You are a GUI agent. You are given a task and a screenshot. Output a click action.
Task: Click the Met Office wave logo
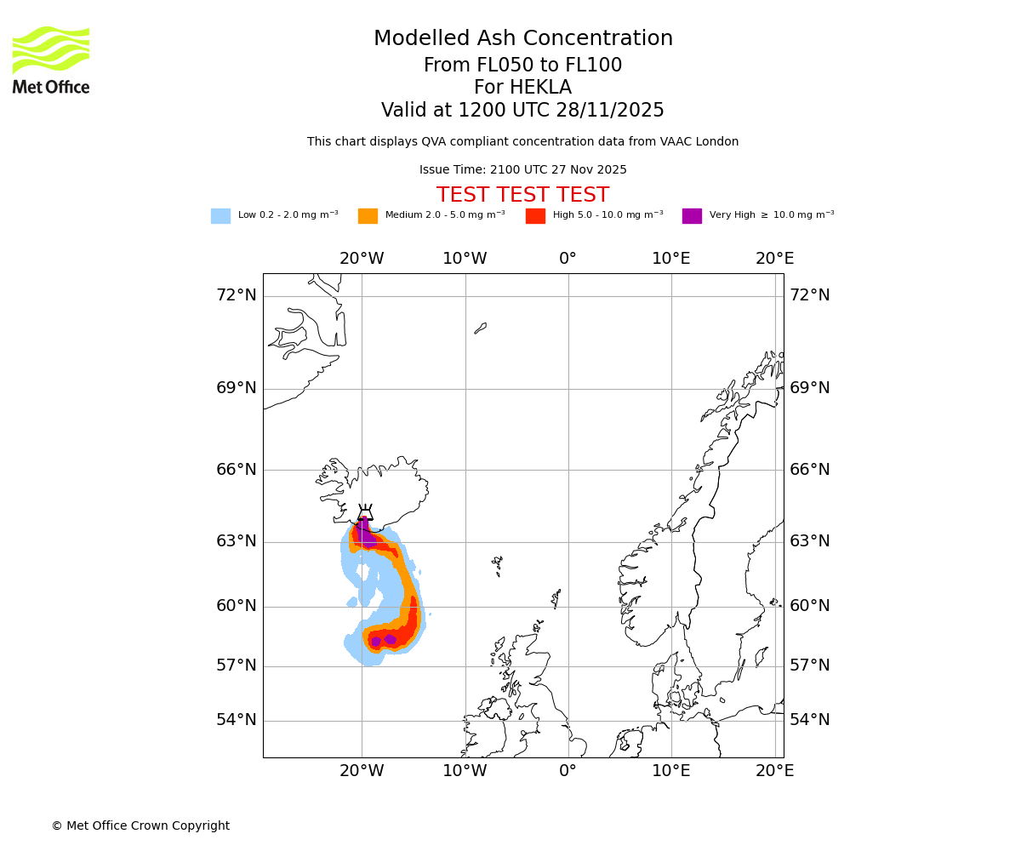point(50,50)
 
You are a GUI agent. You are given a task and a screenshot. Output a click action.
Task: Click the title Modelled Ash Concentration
point(522,39)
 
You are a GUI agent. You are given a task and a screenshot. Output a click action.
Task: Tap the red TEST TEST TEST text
point(522,195)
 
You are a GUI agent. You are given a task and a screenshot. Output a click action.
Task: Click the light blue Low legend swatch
point(220,216)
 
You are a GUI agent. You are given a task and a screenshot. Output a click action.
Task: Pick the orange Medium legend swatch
point(368,216)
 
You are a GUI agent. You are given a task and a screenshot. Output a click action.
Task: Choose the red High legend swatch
point(535,216)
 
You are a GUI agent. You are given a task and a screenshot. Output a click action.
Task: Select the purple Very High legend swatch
point(692,216)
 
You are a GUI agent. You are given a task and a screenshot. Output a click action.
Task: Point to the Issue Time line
point(522,170)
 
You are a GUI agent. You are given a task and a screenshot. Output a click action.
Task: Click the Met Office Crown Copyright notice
point(140,826)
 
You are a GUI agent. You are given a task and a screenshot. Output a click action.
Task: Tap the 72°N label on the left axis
point(236,295)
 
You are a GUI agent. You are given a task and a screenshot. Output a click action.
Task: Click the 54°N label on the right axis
point(809,720)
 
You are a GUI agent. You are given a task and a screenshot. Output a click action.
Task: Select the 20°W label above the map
point(361,259)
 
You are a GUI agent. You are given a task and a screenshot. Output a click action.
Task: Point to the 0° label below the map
point(568,772)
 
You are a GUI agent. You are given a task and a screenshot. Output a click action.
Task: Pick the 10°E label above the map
point(670,259)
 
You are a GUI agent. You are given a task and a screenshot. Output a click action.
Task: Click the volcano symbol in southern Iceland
point(365,513)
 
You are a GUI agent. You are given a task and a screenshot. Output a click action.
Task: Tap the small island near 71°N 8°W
point(480,328)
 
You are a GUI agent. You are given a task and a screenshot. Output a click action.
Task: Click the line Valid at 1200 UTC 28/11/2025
point(522,111)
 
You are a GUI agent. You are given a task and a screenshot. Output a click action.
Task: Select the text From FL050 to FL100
point(522,66)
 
